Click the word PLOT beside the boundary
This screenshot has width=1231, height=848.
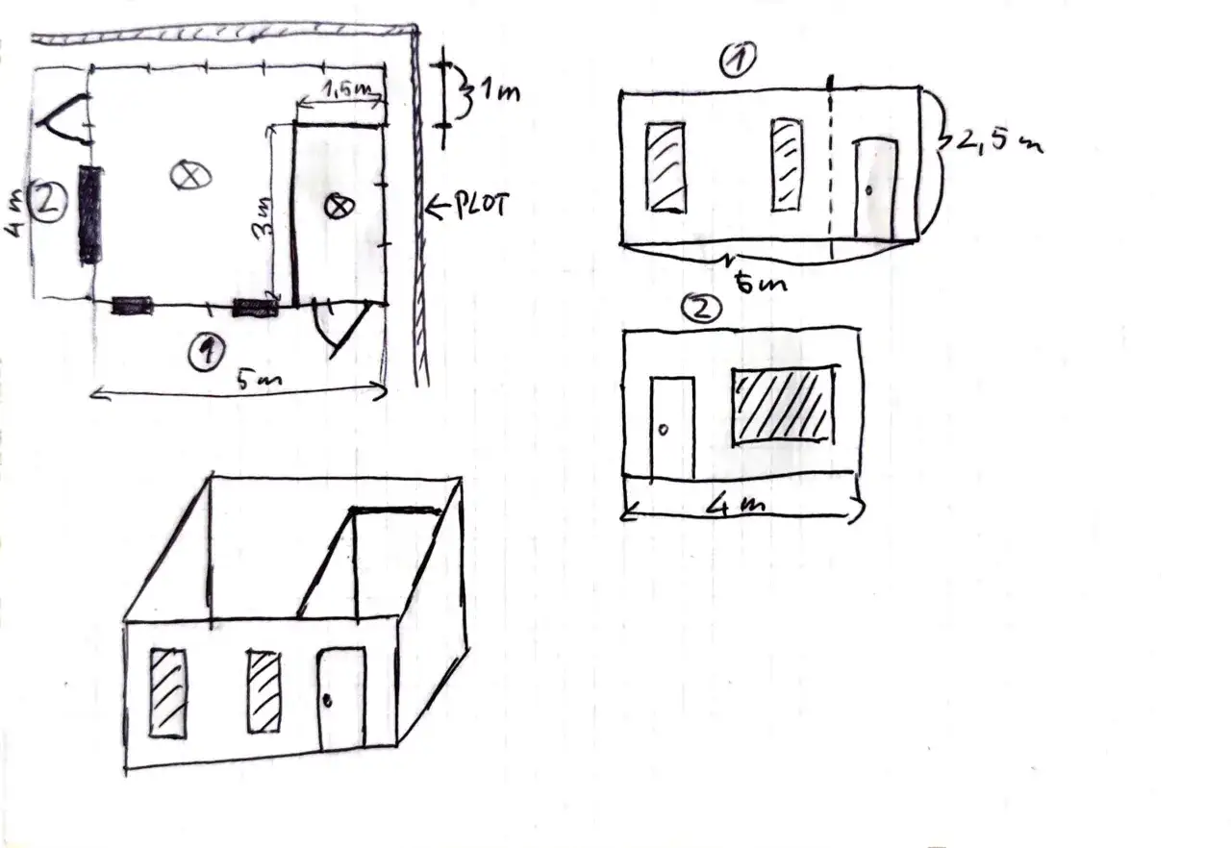482,206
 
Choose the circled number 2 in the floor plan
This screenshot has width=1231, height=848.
49,202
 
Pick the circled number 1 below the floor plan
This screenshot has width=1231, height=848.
207,351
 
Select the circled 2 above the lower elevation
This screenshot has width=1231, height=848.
701,309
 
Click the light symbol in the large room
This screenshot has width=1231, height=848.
190,176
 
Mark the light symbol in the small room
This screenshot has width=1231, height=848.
339,207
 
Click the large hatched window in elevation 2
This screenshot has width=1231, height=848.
783,405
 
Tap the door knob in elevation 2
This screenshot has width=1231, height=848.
663,430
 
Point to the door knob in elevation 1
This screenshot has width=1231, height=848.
868,190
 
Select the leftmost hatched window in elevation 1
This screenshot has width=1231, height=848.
666,167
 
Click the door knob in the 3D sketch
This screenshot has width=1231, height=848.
328,701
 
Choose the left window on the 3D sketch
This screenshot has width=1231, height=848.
167,693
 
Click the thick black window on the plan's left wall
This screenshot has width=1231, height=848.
90,214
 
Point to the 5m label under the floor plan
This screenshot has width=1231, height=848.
260,380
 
